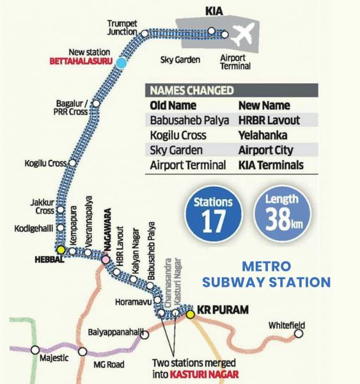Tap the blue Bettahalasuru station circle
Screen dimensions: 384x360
(121, 62)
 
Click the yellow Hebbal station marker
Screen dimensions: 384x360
(61, 250)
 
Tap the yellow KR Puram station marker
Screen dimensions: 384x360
(190, 314)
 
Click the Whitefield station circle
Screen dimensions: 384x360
(298, 333)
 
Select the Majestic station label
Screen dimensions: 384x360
(54, 358)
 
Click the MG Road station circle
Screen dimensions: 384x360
(82, 351)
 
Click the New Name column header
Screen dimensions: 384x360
(263, 105)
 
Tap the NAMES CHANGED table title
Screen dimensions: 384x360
(192, 90)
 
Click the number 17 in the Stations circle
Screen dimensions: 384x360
(214, 221)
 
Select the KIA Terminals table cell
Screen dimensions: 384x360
(270, 165)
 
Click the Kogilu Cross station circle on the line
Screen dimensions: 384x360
(72, 163)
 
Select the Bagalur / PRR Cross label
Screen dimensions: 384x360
(72, 109)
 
